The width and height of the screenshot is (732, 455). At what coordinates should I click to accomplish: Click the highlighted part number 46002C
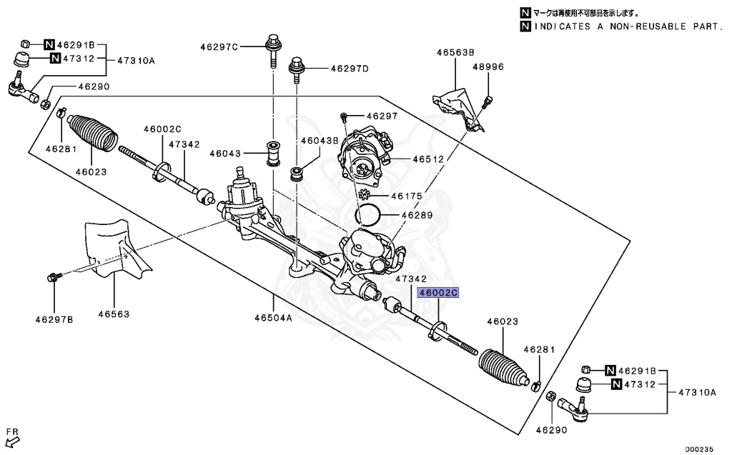[x=437, y=293]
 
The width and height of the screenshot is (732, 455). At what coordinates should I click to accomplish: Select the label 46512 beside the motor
[x=428, y=159]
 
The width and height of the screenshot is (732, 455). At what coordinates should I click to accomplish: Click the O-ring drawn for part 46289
[x=368, y=213]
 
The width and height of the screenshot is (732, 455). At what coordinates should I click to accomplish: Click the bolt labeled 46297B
[x=54, y=276]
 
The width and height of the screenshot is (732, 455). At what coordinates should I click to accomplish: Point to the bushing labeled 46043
[x=273, y=154]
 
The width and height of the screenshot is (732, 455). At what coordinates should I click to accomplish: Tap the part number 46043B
[x=319, y=141]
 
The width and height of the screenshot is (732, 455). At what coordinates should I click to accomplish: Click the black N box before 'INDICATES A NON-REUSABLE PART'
[x=525, y=26]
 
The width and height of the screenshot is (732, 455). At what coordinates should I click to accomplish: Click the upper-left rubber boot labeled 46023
[x=92, y=131]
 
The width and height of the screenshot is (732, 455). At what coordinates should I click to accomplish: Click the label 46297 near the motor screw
[x=381, y=116]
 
